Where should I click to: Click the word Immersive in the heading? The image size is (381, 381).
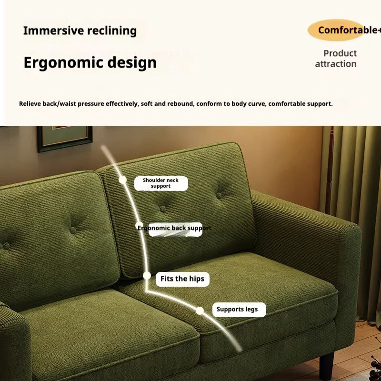point(53,30)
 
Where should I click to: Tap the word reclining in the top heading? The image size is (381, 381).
point(112,31)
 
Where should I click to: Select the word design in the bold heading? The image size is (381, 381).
point(132,62)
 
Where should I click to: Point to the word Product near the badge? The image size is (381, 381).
point(340,53)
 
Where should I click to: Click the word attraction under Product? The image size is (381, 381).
point(336,64)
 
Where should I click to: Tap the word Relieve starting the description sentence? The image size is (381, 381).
point(30,104)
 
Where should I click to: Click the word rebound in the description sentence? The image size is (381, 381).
point(180,104)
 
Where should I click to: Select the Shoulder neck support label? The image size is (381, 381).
point(161,183)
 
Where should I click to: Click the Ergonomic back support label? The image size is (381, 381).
point(174,228)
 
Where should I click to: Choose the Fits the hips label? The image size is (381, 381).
point(182,279)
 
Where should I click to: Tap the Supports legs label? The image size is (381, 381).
point(239,309)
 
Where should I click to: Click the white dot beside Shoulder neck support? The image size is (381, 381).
point(122,180)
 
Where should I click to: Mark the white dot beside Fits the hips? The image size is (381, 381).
point(147,276)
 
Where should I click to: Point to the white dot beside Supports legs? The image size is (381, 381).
point(200,311)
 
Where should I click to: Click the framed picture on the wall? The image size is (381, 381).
point(65,138)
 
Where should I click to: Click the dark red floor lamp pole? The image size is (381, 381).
point(330,170)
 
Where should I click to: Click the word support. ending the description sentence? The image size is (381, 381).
point(320,104)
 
